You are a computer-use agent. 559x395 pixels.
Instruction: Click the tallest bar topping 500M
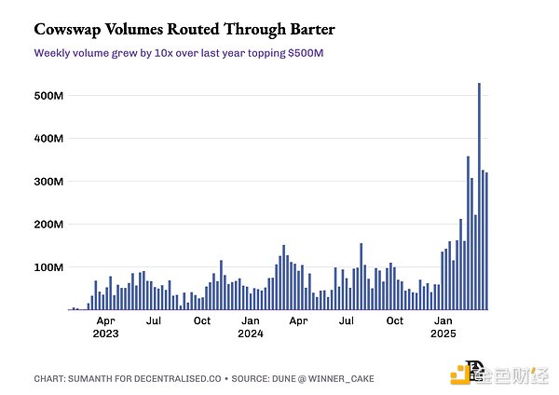point(479,196)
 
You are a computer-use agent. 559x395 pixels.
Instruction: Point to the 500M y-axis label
point(48,95)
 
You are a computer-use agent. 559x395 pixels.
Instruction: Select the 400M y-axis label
point(48,138)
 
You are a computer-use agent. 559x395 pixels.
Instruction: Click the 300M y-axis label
point(48,181)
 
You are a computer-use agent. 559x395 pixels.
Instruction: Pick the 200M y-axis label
point(48,225)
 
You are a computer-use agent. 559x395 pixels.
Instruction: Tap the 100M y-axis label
point(48,267)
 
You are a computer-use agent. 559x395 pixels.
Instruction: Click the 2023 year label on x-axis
point(106,333)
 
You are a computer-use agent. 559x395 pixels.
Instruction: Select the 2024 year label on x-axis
point(251,333)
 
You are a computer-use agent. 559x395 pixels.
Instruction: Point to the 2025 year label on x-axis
point(443,333)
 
